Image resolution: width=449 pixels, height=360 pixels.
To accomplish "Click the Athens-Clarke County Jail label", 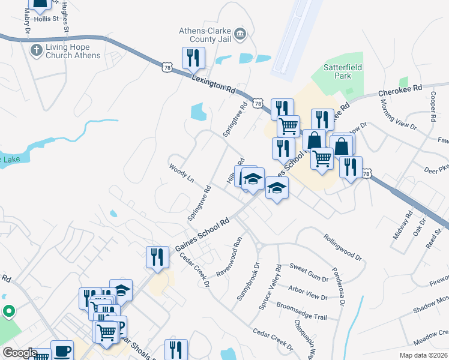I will click(x=205, y=35).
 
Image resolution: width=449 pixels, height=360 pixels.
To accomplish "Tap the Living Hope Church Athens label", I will click(x=65, y=52).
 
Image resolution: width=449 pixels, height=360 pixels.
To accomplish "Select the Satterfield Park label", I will click(x=343, y=72).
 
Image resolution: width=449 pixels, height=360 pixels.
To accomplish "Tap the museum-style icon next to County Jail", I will click(x=240, y=34).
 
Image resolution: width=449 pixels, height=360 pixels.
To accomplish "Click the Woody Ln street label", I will click(x=182, y=172).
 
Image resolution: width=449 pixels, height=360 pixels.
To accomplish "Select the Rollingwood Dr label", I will click(x=344, y=247).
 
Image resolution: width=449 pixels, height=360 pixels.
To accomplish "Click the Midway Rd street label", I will click(x=400, y=225).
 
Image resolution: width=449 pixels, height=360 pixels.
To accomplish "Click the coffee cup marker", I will click(x=61, y=351).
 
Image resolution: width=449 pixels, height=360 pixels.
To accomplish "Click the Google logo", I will click(x=20, y=353).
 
